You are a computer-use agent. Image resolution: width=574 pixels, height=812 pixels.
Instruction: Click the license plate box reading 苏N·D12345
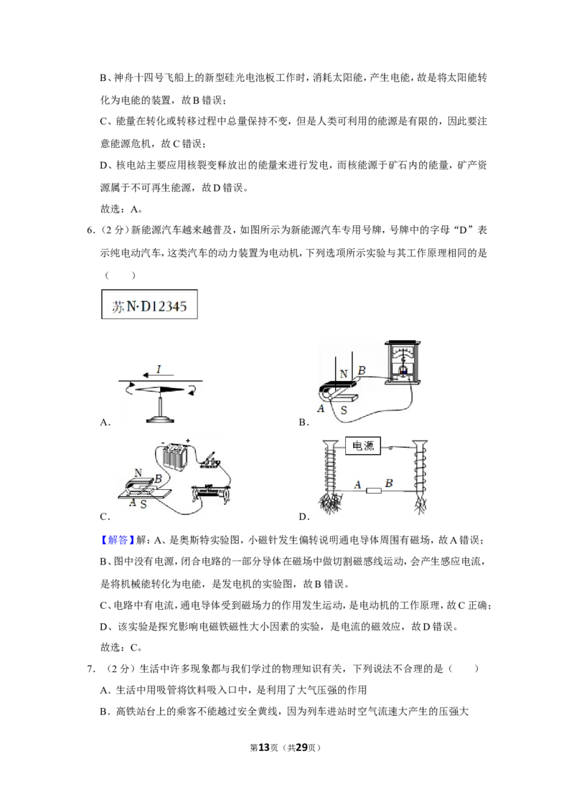(x=149, y=304)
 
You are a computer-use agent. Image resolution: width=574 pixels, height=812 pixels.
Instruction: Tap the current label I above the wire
(x=159, y=369)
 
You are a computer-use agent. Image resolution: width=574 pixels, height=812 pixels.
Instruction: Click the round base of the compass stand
(x=159, y=419)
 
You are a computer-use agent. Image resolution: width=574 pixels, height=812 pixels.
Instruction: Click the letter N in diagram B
(x=344, y=374)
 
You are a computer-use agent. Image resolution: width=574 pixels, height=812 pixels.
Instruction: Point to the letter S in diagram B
(x=344, y=410)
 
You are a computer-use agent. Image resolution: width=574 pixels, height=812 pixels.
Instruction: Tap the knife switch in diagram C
(x=211, y=459)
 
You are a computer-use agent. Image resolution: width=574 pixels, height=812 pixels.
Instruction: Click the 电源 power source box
(x=363, y=446)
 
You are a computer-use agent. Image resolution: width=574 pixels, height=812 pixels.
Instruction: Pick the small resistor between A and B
(x=374, y=490)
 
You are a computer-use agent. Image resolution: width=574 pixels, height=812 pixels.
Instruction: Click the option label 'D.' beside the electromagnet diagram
(x=304, y=516)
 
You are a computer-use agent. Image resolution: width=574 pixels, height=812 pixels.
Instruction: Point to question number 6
(x=90, y=230)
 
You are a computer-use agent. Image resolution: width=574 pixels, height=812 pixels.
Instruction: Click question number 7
(x=90, y=669)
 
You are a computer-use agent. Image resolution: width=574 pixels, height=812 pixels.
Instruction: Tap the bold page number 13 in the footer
(x=264, y=747)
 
